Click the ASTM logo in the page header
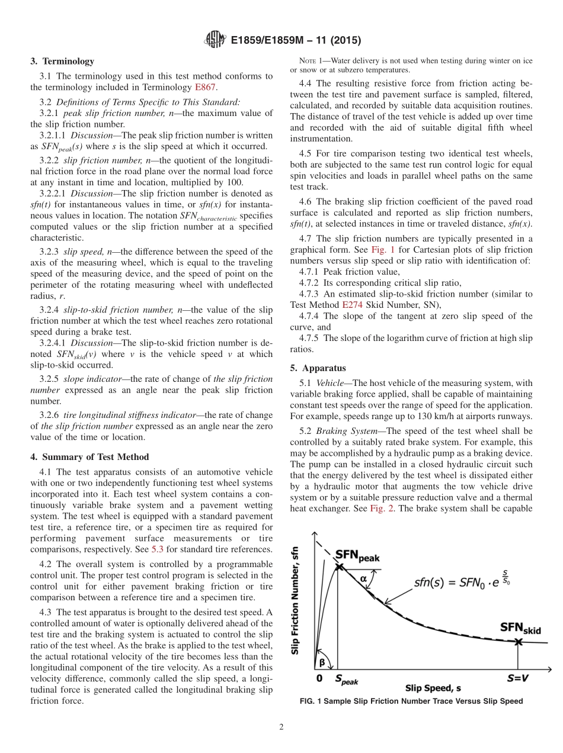coord(215,40)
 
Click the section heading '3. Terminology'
coord(62,61)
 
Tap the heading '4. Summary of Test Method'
coord(89,456)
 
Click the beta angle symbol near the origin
coord(322,662)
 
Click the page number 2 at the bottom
coord(281,728)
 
